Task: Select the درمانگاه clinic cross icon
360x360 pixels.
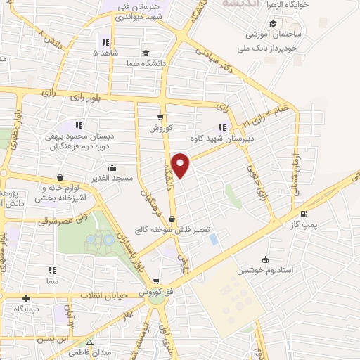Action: click(x=27, y=299)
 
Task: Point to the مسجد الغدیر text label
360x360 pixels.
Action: click(x=80, y=180)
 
